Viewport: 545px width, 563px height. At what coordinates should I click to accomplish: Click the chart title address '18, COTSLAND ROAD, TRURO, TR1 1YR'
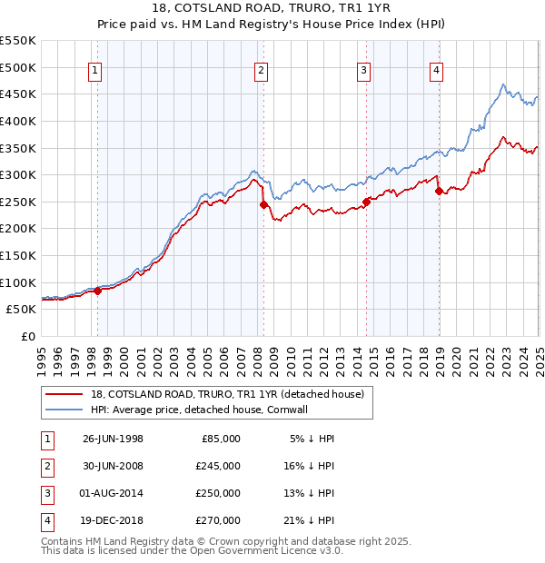272,8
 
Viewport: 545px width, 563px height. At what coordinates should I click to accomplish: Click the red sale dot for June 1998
98,291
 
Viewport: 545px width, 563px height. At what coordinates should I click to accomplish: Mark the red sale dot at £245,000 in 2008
263,205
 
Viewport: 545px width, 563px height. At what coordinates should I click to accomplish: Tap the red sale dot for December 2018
439,192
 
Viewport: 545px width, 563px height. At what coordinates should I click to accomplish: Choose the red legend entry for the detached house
227,394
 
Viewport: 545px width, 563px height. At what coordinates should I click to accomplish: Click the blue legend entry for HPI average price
213,410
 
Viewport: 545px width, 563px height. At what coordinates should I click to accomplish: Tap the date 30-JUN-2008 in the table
113,466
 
